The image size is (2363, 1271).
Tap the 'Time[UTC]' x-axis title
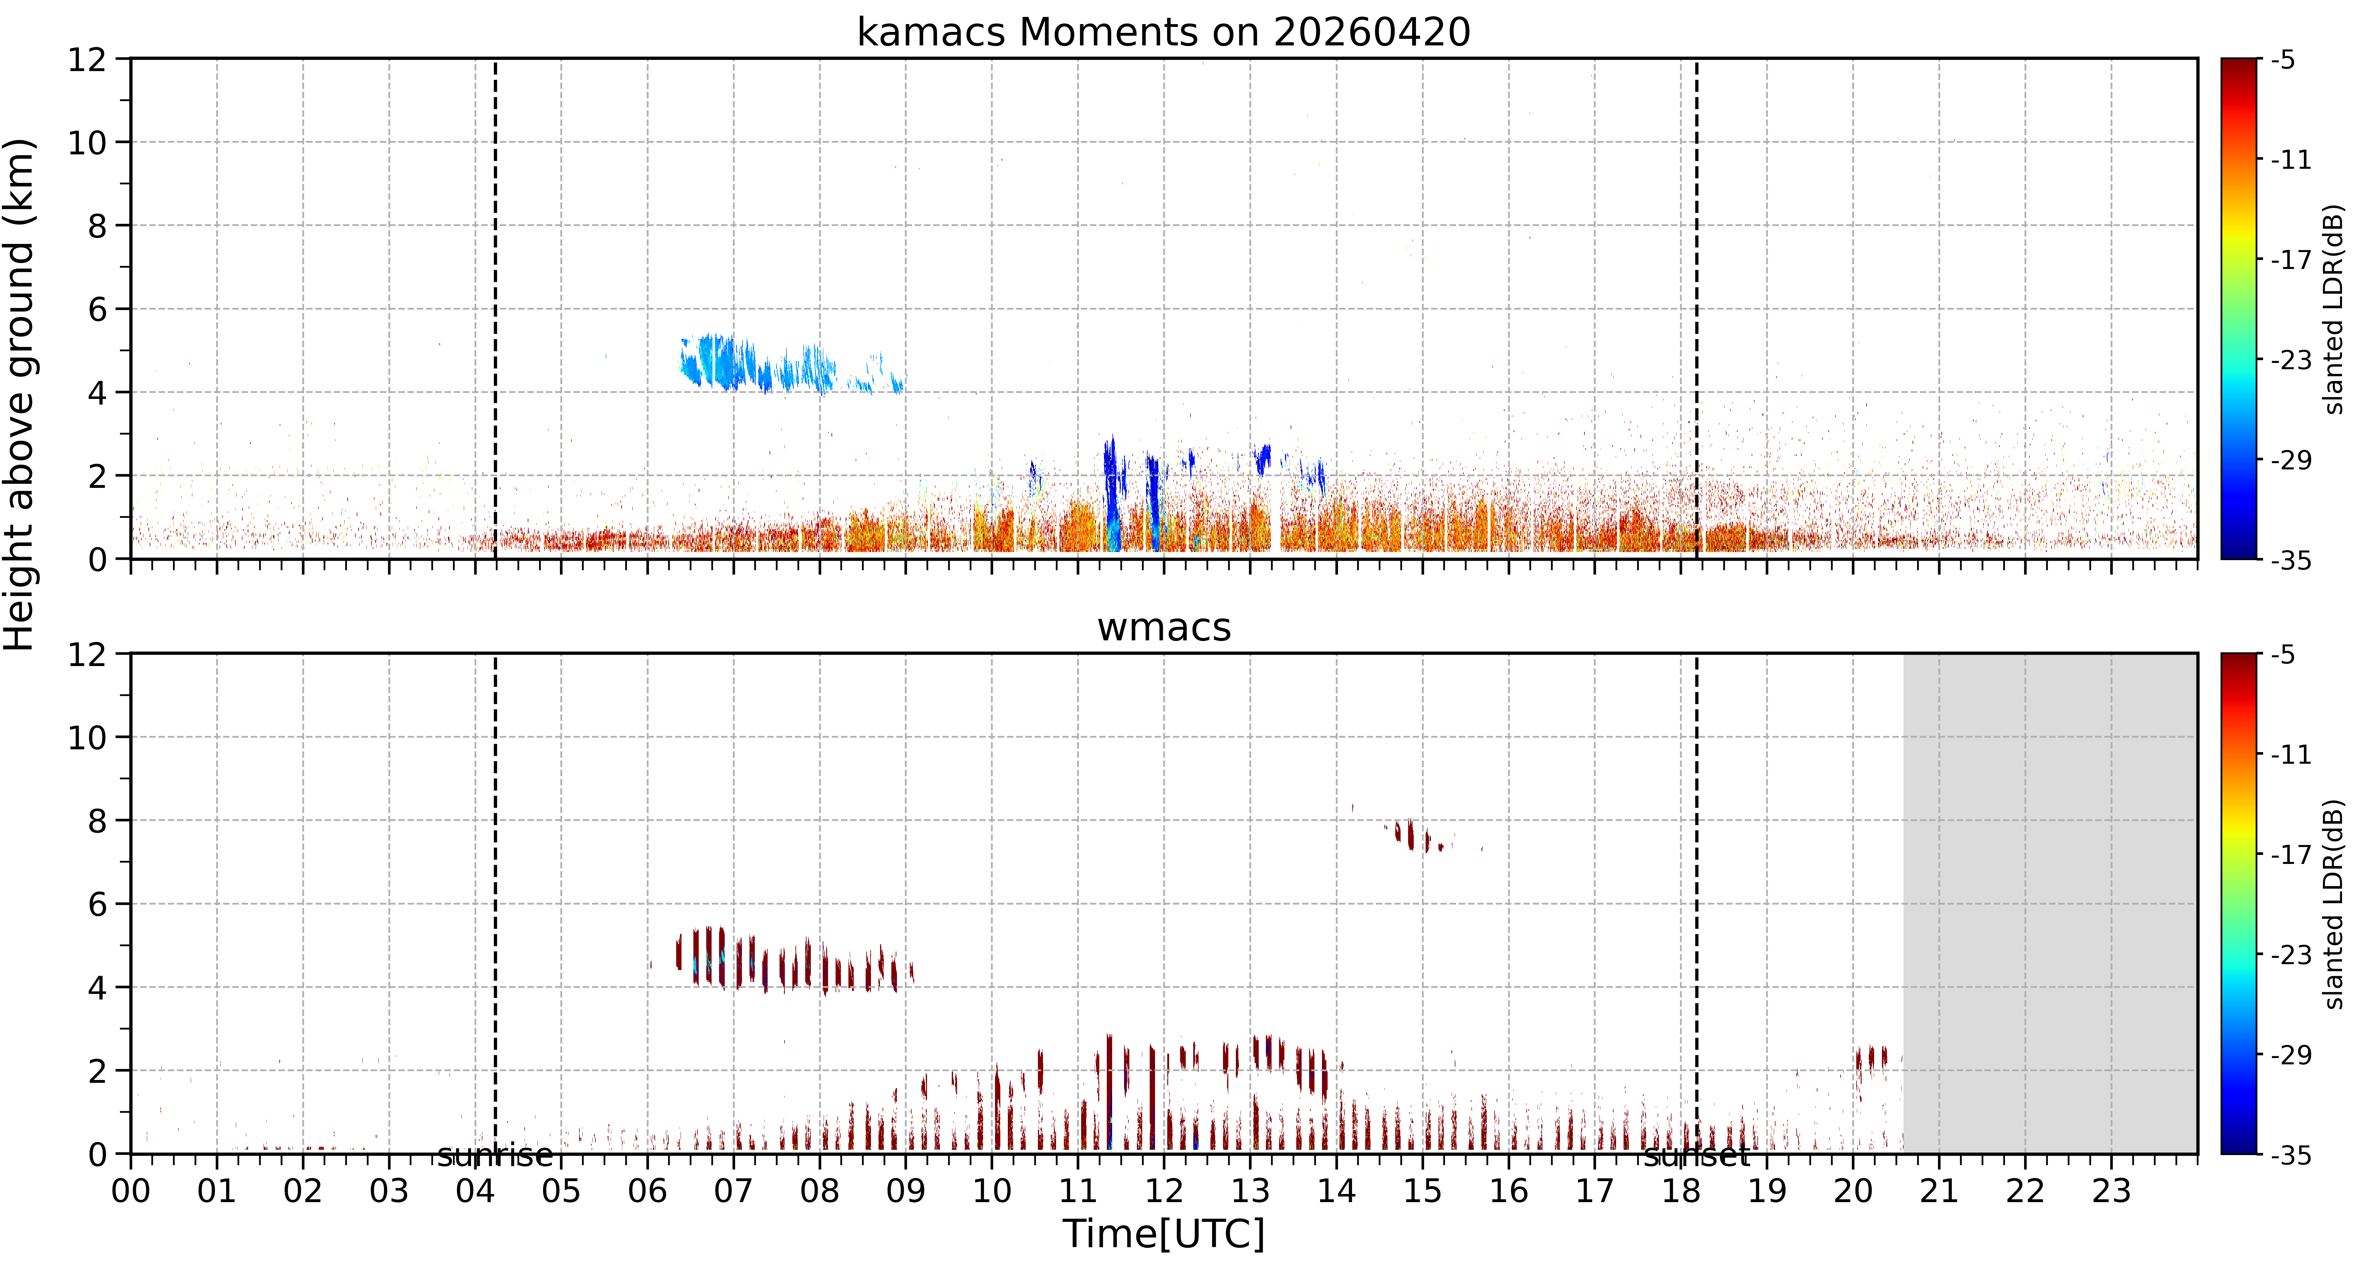tap(1163, 1234)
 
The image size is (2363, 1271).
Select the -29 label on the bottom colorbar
tap(2291, 1055)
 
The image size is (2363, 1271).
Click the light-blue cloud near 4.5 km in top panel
tap(789, 365)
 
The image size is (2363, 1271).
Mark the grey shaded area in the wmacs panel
tap(2050, 903)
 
